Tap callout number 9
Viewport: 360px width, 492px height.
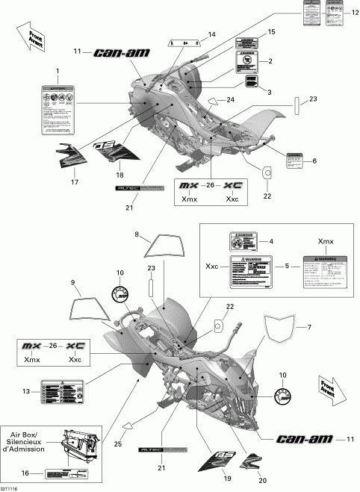pos(73,283)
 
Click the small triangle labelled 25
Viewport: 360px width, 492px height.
pos(128,425)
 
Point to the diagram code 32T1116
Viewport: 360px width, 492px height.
pos(12,488)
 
